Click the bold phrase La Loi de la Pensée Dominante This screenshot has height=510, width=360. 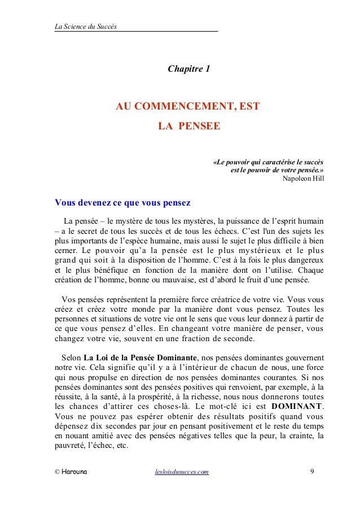141,357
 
